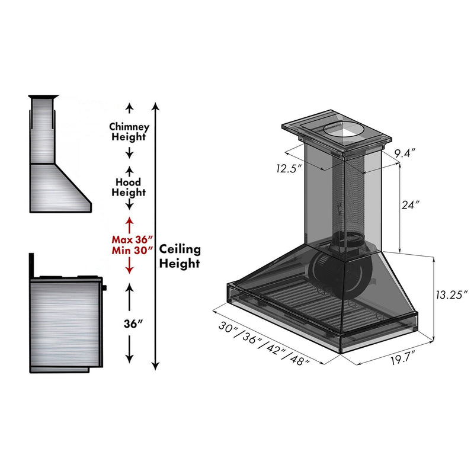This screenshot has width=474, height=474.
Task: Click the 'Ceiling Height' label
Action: click(180, 256)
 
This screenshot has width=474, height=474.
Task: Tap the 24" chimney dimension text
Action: click(410, 205)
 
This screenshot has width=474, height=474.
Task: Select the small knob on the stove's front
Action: click(105, 288)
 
